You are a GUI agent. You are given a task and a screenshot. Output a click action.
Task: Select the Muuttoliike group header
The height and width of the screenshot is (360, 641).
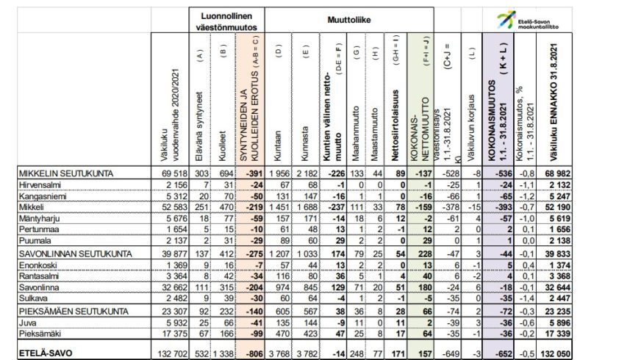348,21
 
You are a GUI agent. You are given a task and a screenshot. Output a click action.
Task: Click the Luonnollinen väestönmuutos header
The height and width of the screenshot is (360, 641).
226,21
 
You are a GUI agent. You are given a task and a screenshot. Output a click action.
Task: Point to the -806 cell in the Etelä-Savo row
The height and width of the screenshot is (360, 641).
251,351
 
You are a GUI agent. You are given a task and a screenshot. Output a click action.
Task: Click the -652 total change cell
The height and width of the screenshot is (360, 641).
498,351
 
